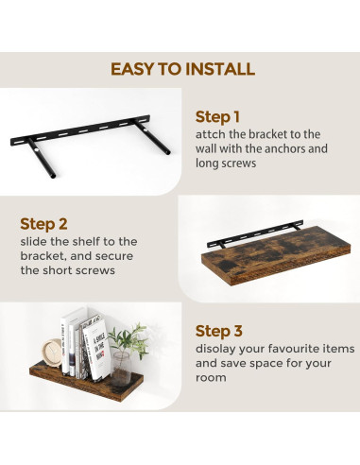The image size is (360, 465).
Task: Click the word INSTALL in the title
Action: (219, 69)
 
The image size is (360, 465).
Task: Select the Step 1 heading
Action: (217, 117)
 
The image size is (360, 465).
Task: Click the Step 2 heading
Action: (43, 224)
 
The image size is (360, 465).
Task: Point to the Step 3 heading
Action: (219, 331)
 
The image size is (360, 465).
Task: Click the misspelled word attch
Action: (211, 134)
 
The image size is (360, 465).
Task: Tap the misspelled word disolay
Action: (215, 350)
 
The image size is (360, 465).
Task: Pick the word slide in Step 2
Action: (34, 242)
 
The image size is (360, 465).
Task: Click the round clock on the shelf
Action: (52, 353)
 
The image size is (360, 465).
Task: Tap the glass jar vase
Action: (121, 369)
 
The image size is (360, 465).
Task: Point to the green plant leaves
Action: (130, 339)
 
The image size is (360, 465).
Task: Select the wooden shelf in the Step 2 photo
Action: (276, 256)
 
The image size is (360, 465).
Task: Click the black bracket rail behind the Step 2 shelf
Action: (255, 233)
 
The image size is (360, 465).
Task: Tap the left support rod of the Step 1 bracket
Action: (42, 158)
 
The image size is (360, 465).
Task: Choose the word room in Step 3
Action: (211, 378)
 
